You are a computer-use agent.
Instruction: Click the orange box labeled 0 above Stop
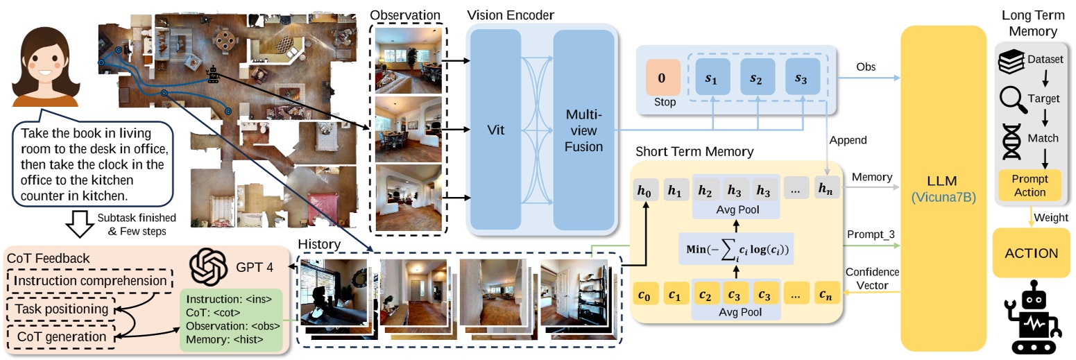[661, 78]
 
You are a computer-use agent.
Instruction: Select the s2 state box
[756, 78]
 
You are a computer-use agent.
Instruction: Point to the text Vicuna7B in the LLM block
[943, 198]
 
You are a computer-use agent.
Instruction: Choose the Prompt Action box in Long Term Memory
[1030, 185]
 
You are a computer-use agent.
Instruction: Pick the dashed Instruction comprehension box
[89, 281]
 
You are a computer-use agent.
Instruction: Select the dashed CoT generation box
[63, 336]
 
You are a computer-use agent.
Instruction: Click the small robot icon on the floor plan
[214, 73]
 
